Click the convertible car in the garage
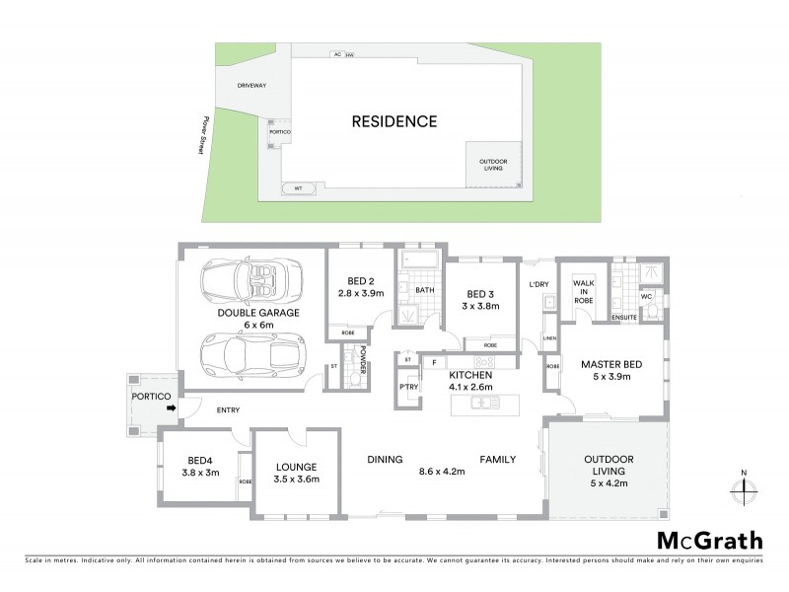click(251, 282)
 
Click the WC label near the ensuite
click(647, 295)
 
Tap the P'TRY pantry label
click(408, 388)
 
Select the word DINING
click(386, 459)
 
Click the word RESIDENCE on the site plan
click(394, 122)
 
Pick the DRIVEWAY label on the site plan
click(252, 86)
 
